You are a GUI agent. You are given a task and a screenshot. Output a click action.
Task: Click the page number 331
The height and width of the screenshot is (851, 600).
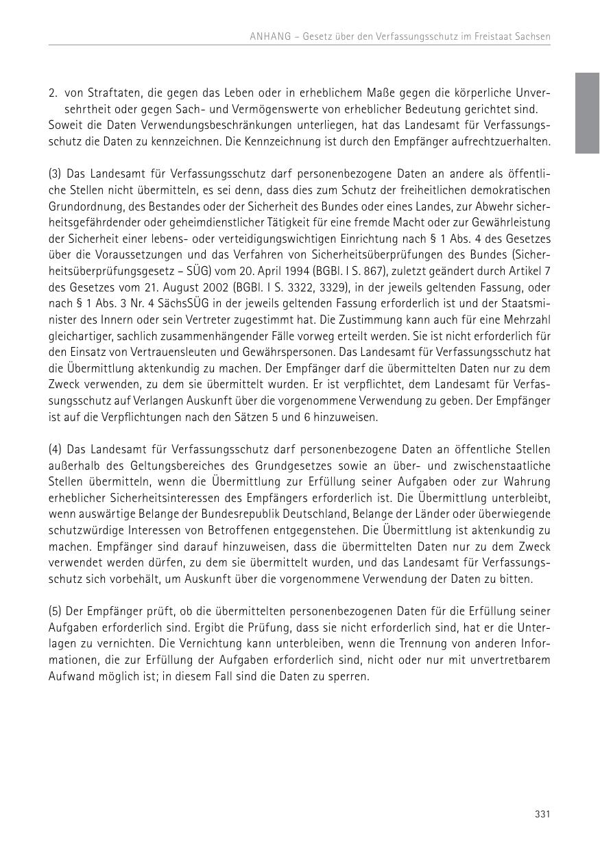coord(542,814)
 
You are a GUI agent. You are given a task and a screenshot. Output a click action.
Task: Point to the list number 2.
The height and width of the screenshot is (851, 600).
coord(52,93)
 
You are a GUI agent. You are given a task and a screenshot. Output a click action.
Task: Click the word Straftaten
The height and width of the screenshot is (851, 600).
coord(101,93)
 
